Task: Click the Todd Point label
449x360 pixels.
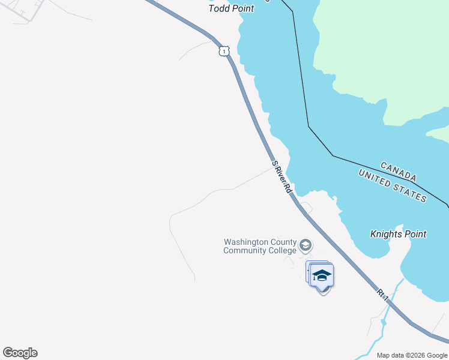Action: pyautogui.click(x=231, y=8)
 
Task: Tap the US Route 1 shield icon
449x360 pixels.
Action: pyautogui.click(x=223, y=52)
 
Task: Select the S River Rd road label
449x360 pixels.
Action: pyautogui.click(x=281, y=176)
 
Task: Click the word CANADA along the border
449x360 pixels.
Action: pyautogui.click(x=399, y=171)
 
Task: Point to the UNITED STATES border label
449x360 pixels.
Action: pyautogui.click(x=393, y=185)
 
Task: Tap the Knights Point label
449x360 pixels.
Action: pyautogui.click(x=398, y=234)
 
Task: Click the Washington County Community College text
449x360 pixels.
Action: pyautogui.click(x=261, y=246)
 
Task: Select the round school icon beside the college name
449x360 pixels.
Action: pyautogui.click(x=306, y=245)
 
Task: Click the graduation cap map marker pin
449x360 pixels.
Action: pyautogui.click(x=322, y=277)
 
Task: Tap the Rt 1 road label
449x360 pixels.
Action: pyautogui.click(x=383, y=295)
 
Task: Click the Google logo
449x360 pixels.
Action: pyautogui.click(x=20, y=353)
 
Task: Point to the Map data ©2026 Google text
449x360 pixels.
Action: pyautogui.click(x=412, y=355)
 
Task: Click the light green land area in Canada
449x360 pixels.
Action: pyautogui.click(x=384, y=54)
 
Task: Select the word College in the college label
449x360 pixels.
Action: pyautogui.click(x=282, y=250)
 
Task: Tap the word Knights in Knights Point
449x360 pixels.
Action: pyautogui.click(x=387, y=234)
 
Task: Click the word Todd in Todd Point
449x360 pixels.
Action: pyautogui.click(x=218, y=8)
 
